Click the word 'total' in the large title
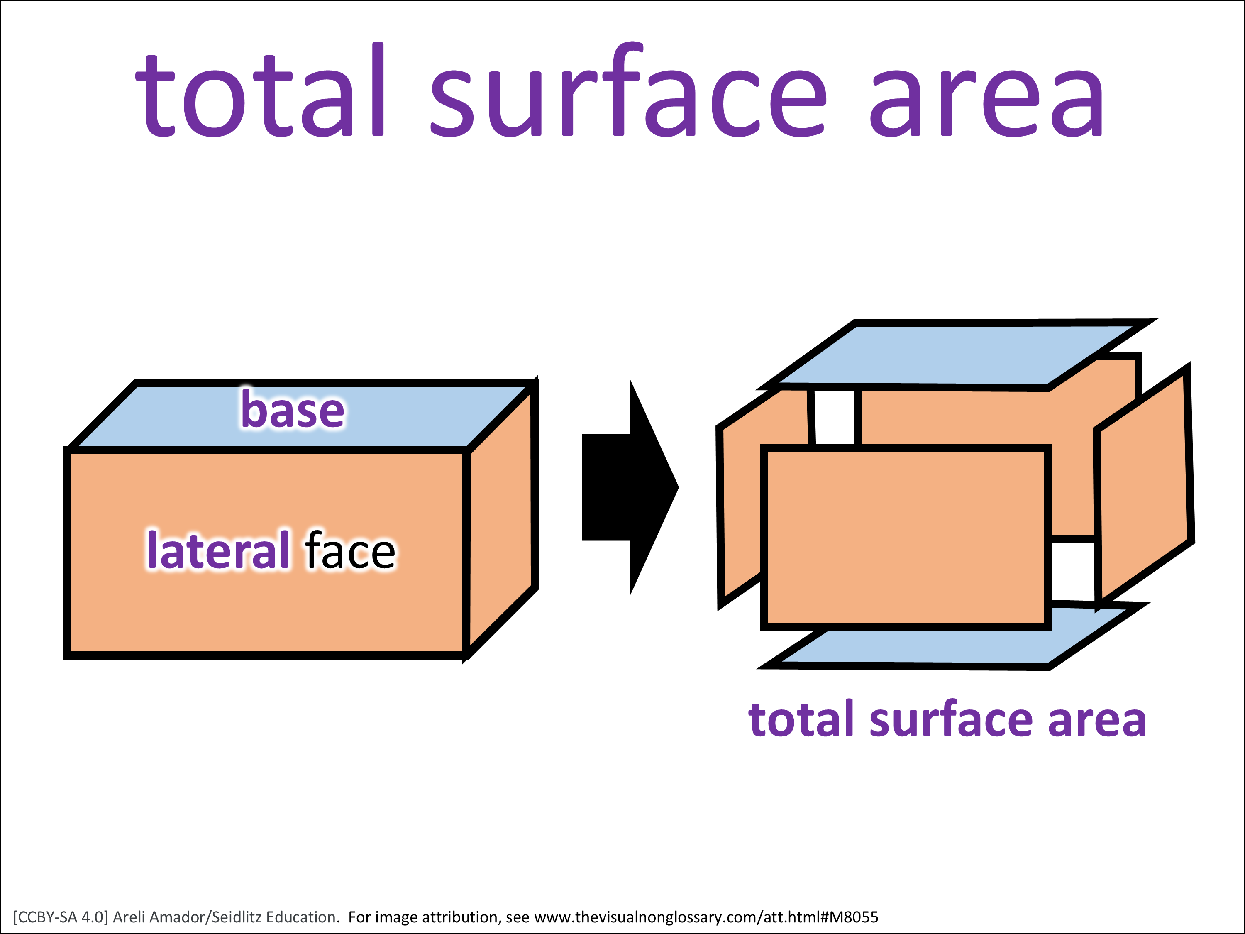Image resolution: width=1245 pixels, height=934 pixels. coord(261,90)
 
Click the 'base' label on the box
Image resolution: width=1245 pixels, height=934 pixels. coord(293,409)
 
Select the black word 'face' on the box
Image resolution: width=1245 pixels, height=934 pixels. coord(350,550)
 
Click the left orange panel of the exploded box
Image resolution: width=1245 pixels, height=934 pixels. coord(740,507)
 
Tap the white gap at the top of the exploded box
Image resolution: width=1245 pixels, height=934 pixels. coord(835,417)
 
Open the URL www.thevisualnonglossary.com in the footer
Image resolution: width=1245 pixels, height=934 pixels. coord(647,917)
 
